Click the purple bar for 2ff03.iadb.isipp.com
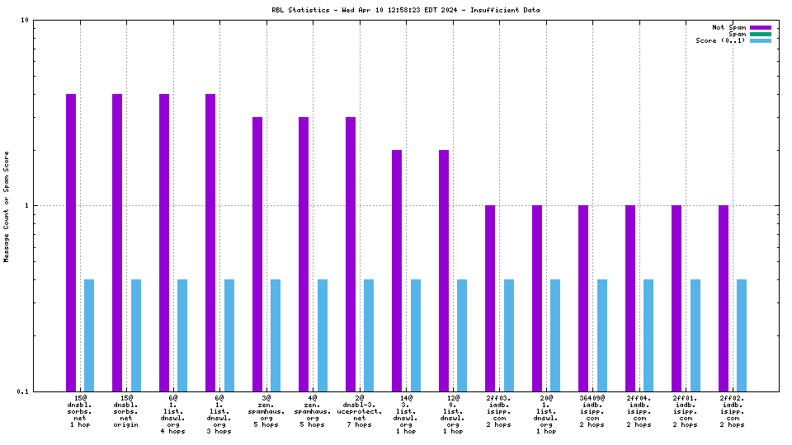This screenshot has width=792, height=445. [490, 297]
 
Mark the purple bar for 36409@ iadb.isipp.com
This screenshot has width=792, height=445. [583, 297]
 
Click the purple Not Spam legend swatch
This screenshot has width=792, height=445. [760, 27]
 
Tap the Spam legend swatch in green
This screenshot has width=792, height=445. [760, 34]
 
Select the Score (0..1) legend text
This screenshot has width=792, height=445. [720, 40]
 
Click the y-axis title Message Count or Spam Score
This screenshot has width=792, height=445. [7, 206]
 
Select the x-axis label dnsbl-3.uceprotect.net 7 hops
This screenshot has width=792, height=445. [359, 412]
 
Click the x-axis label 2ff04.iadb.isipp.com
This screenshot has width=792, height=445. [639, 412]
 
